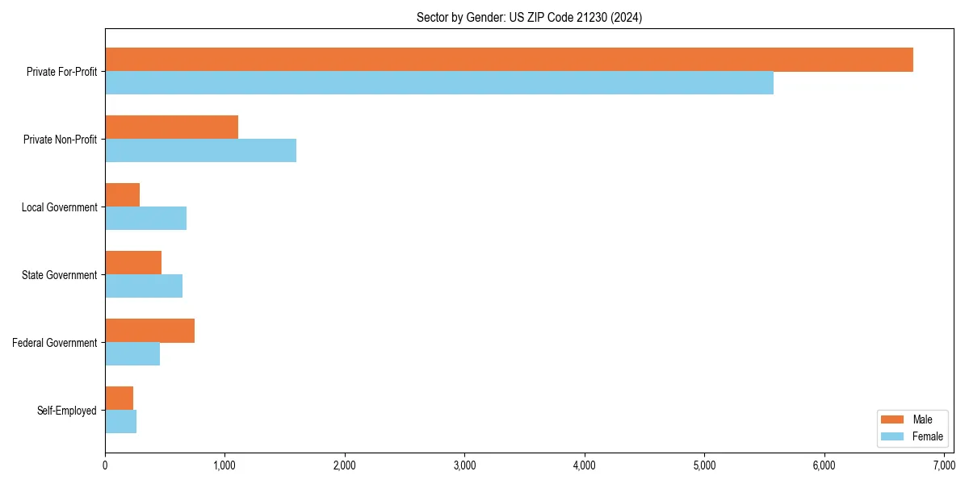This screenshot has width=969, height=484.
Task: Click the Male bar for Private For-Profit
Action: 509,60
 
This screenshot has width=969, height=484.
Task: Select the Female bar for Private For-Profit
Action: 439,83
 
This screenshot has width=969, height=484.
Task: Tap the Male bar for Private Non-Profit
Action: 171,127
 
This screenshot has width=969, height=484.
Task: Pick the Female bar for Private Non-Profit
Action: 200,151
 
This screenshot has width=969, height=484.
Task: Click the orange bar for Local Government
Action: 122,195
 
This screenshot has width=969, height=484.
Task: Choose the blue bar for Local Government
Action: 145,219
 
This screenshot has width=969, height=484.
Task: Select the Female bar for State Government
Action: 144,286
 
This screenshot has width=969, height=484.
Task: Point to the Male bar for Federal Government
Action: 149,331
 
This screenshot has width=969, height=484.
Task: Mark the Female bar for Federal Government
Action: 132,354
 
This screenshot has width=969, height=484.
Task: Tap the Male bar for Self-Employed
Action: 119,398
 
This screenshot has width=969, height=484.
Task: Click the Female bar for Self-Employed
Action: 120,422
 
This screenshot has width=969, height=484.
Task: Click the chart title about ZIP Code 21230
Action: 529,17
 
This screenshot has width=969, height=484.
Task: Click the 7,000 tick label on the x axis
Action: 944,465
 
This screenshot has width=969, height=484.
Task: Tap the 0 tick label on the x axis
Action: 105,465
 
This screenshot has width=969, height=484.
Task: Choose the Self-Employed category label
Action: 66,411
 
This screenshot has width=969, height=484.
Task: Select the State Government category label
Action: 59,275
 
